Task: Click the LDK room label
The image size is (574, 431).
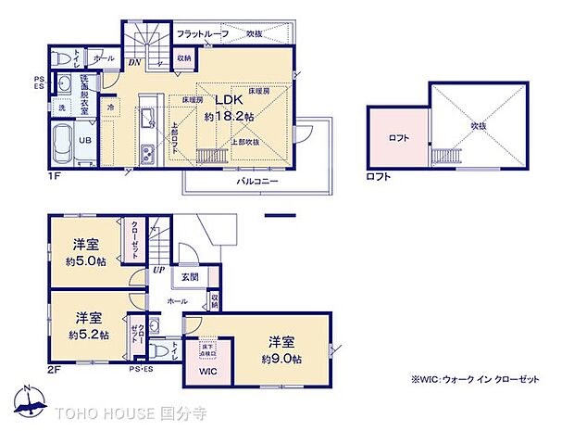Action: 230,101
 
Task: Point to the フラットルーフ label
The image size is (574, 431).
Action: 203,32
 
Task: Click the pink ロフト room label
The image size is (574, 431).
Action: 399,139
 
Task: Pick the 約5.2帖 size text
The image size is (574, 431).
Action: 90,334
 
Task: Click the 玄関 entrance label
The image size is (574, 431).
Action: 189,276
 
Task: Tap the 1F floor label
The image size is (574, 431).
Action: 56,174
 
